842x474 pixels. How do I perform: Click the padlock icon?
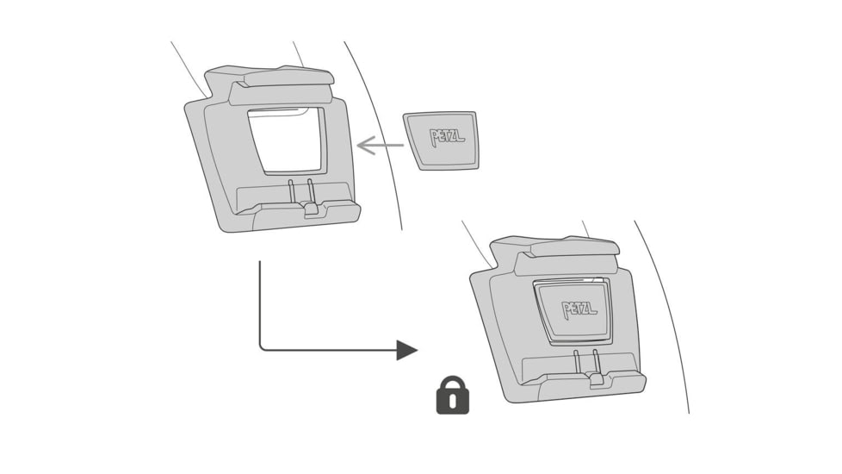pos(452,396)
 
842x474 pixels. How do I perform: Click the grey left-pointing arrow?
pos(380,146)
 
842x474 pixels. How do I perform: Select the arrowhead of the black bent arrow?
pos(406,350)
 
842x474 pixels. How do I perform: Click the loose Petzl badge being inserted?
pos(441,140)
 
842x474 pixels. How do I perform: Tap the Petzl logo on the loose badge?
pos(446,136)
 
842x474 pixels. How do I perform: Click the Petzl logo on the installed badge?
pos(579,309)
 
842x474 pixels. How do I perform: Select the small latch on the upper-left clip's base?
pos(310,209)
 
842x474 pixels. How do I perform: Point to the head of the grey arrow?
pos(363,146)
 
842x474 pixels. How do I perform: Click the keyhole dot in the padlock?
pos(452,399)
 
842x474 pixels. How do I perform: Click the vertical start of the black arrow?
pos(259,276)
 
